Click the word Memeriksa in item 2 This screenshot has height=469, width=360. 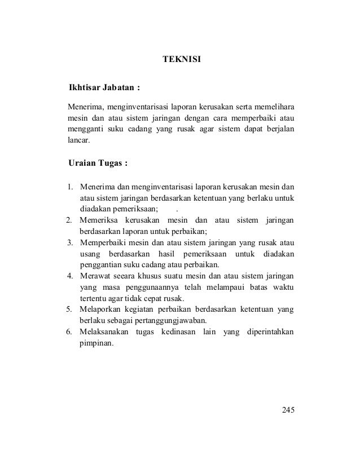(99, 220)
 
